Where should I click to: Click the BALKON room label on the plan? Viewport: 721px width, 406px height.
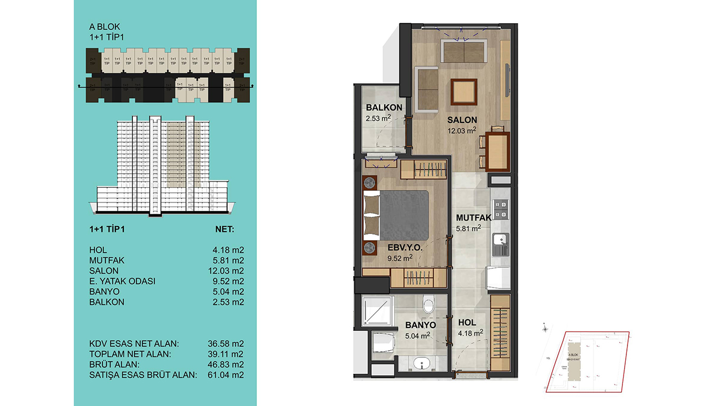384,108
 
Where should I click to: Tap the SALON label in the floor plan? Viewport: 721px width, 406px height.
462,120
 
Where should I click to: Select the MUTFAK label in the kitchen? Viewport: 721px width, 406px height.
474,217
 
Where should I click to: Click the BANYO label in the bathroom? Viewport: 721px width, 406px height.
420,325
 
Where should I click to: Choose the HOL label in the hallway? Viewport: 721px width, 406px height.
467,322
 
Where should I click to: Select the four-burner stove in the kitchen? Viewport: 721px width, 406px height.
500,210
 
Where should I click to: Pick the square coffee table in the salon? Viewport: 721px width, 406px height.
464,91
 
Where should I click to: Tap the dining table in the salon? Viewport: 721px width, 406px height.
497,151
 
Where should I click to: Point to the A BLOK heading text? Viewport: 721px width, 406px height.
105,27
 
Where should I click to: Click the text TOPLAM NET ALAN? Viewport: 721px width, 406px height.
130,354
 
